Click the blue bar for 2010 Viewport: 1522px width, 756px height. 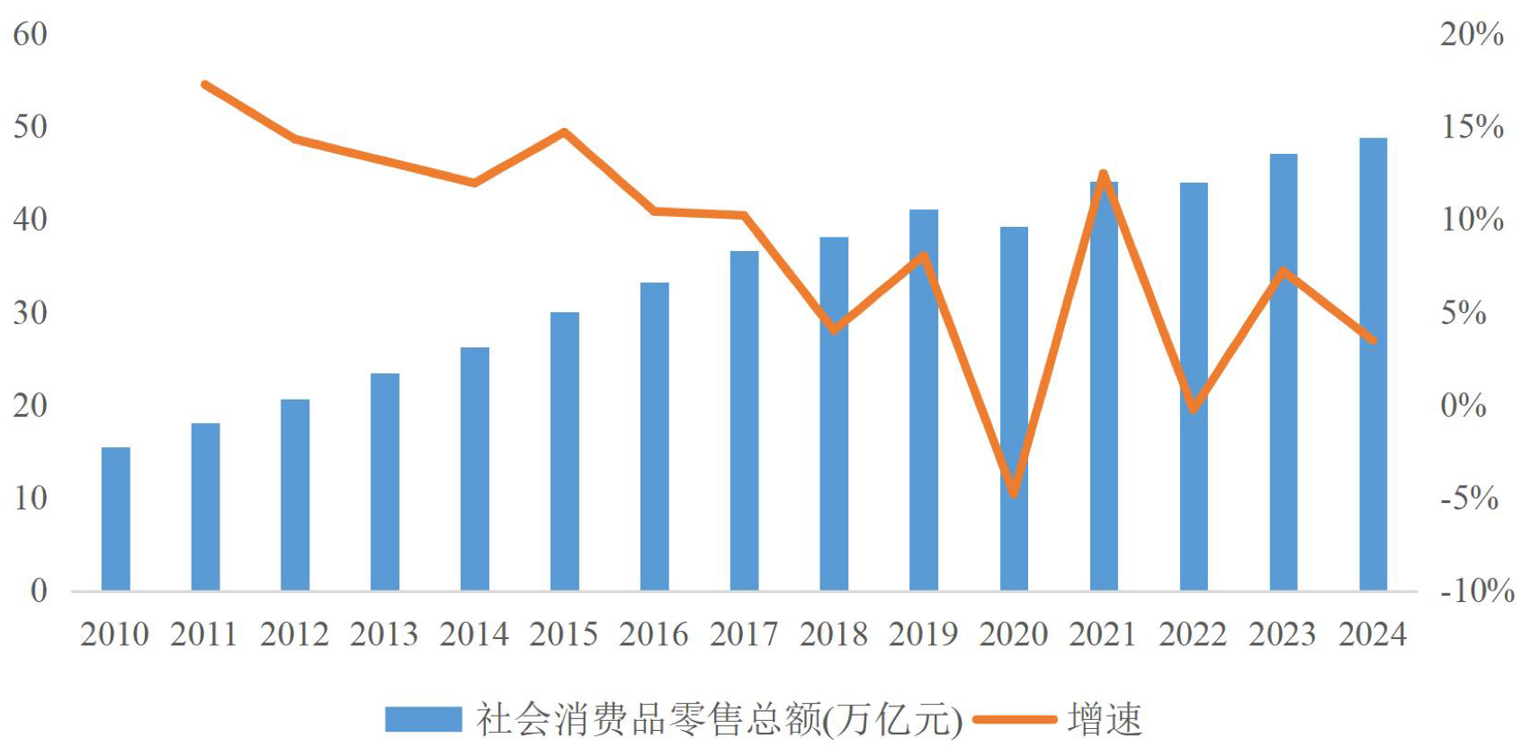(115, 518)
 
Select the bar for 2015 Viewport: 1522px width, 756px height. (564, 451)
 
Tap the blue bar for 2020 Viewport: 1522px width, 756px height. (1014, 409)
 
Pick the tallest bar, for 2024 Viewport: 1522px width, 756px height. (1373, 364)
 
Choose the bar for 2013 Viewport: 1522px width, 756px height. (385, 481)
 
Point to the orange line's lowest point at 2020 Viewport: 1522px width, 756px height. (1014, 492)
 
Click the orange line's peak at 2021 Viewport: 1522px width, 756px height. (1104, 174)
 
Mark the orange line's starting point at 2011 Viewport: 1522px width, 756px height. (205, 85)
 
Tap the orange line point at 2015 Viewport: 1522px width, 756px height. (564, 132)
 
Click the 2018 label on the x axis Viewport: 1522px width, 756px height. (833, 634)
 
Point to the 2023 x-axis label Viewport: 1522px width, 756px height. (1282, 634)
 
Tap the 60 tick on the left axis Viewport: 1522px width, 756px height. (30, 34)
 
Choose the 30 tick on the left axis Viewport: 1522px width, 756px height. (30, 313)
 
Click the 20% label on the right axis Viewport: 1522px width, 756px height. (1472, 34)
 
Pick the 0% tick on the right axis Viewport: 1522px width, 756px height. (1463, 406)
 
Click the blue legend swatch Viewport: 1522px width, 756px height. (423, 719)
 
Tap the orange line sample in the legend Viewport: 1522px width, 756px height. (1014, 719)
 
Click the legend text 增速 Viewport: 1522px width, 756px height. (1105, 719)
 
